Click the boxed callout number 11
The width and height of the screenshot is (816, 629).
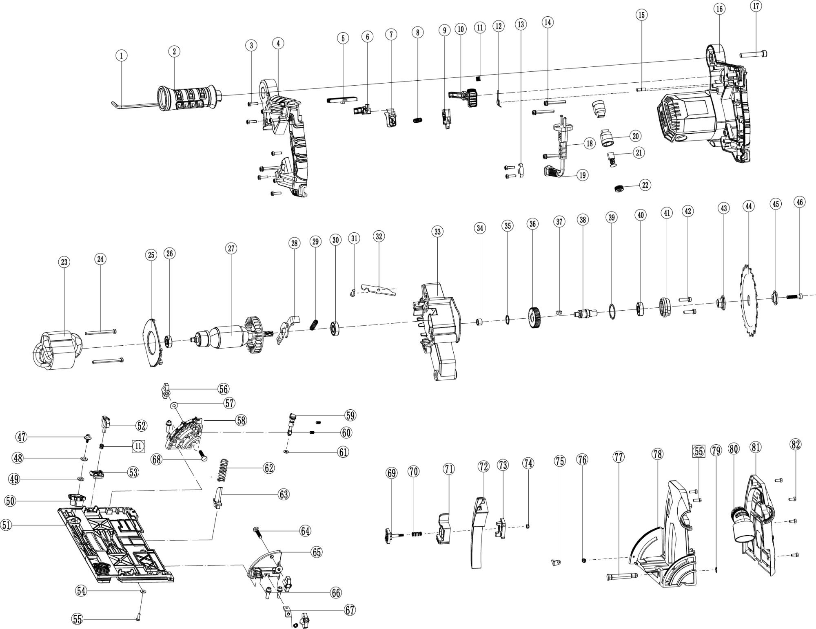coord(138,446)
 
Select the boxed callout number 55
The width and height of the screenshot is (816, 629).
coord(699,452)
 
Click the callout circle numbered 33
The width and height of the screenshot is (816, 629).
coord(438,232)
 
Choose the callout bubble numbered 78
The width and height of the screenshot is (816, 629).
coord(657,454)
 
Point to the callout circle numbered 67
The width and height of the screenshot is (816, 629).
coord(350,610)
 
